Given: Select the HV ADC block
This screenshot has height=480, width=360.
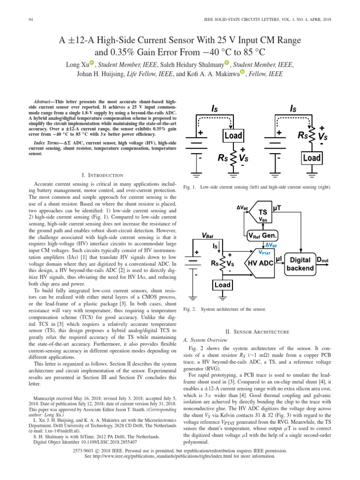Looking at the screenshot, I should click(x=259, y=263).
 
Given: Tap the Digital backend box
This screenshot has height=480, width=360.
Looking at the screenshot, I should click(x=300, y=263).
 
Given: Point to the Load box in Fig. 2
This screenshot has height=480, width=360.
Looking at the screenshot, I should click(x=223, y=285).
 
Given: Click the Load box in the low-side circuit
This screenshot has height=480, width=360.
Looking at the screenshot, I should click(x=232, y=136).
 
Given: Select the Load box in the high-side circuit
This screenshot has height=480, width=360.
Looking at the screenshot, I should click(x=312, y=158).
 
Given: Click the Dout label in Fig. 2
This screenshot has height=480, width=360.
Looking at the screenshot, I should click(x=322, y=259).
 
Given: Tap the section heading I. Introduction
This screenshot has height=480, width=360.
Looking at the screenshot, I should click(x=102, y=175).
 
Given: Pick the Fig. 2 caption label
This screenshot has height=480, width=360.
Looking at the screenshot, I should click(x=189, y=309).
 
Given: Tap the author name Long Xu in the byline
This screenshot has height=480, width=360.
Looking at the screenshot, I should click(x=77, y=64).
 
